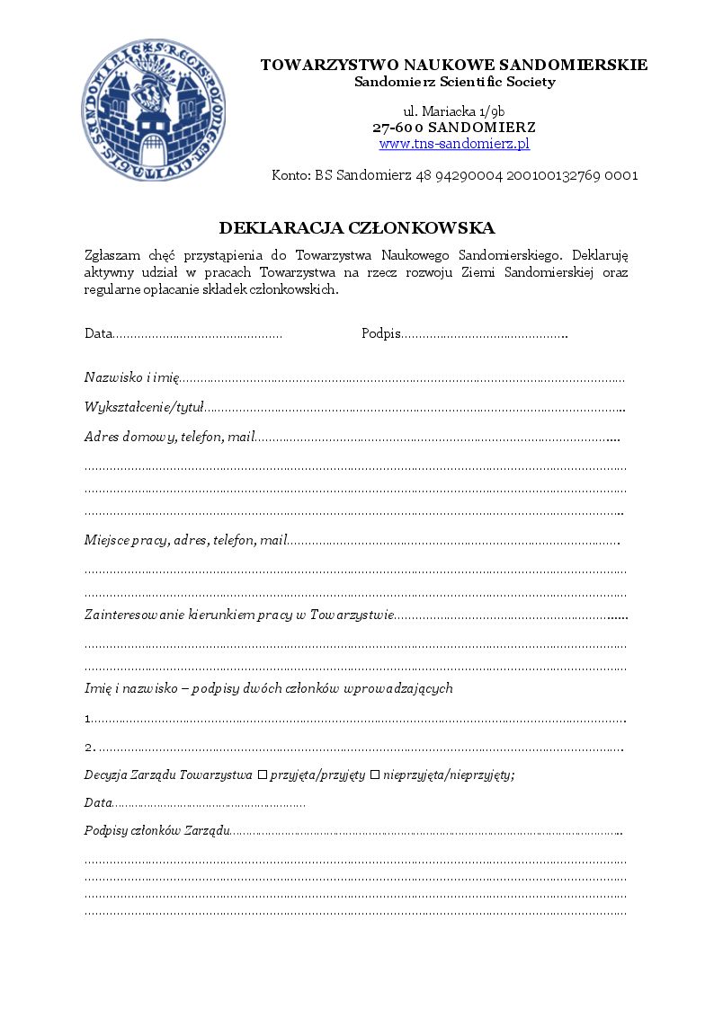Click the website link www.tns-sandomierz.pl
pyautogui.click(x=454, y=144)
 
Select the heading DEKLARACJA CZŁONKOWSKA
pyautogui.click(x=357, y=228)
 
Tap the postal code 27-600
pyautogui.click(x=398, y=128)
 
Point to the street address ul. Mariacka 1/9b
pyautogui.click(x=454, y=111)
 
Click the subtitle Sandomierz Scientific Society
pyautogui.click(x=454, y=82)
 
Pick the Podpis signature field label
pyautogui.click(x=380, y=334)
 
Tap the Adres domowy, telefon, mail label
pyautogui.click(x=170, y=438)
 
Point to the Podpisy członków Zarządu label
pyautogui.click(x=157, y=831)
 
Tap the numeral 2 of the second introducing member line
pyautogui.click(x=88, y=748)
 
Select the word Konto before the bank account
pyautogui.click(x=290, y=175)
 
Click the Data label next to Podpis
pyautogui.click(x=98, y=334)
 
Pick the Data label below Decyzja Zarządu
pyautogui.click(x=98, y=802)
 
